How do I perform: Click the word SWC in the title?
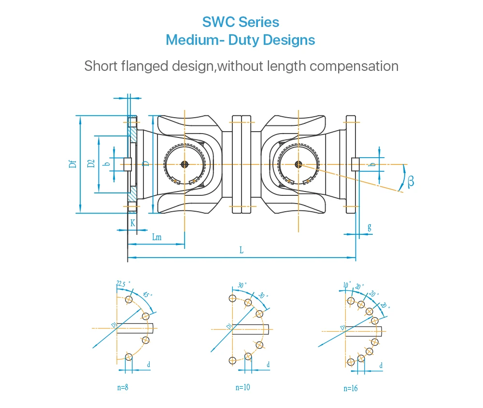pos(217,22)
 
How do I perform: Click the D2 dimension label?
pos(90,163)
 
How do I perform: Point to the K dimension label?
pos(132,223)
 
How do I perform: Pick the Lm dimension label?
pos(156,237)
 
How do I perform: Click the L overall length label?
pos(241,250)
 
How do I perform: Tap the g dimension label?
pos(369,227)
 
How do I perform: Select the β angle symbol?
pos(411,181)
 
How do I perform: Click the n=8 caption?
pos(122,387)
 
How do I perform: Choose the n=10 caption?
pos(242,387)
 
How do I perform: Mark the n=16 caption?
pos(351,388)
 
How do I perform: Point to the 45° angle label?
pos(147,294)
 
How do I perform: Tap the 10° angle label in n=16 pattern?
pos(346,286)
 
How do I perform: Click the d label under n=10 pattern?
pos(268,365)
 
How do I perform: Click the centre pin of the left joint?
pos(185,164)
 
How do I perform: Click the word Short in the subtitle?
pos(100,66)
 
